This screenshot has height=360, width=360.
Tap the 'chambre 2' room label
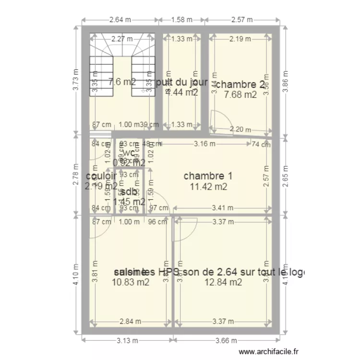(240, 84)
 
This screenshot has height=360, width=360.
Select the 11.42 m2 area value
(208, 187)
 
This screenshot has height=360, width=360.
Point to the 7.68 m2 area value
(240, 95)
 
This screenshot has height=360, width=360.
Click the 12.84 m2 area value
(223, 282)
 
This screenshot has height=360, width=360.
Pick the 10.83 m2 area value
(131, 282)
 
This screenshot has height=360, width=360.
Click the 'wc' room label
(129, 153)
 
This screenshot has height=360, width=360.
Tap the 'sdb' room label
(128, 192)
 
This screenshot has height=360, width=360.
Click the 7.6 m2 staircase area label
(122, 82)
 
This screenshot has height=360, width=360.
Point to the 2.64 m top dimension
(120, 20)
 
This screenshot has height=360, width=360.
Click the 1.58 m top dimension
(182, 20)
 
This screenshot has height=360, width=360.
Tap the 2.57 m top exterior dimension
(242, 20)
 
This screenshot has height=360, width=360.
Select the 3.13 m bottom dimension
(127, 341)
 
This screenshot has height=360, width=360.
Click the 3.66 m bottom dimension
(225, 341)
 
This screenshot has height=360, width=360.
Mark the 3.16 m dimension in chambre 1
(204, 143)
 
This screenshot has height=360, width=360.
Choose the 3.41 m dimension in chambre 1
(222, 208)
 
